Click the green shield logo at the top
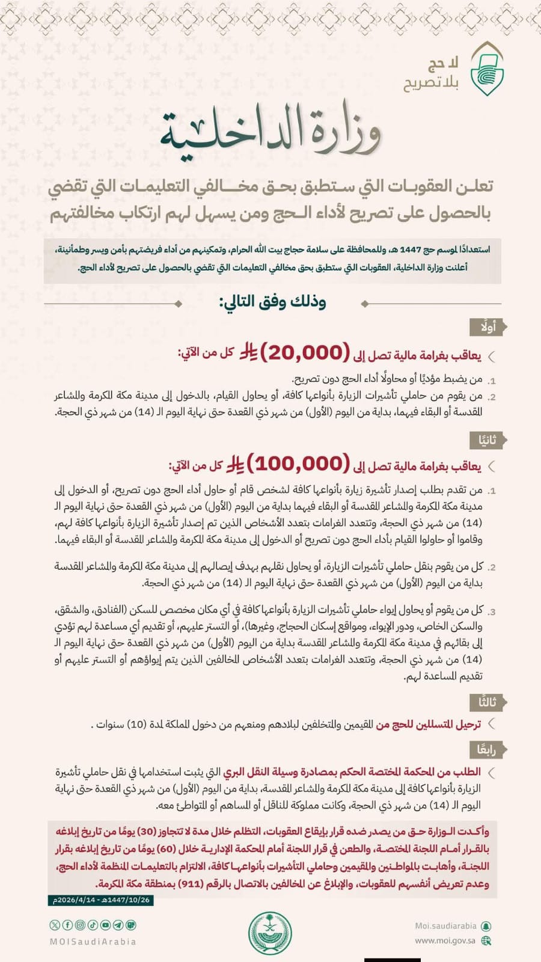click(x=486, y=70)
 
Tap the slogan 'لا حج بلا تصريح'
click(x=432, y=73)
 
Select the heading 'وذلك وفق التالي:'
click(x=272, y=301)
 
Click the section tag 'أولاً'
click(x=488, y=327)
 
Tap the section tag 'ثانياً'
click(x=488, y=440)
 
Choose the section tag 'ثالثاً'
click(x=488, y=702)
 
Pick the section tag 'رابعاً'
click(x=486, y=749)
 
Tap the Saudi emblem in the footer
click(x=270, y=933)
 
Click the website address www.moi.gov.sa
click(x=445, y=940)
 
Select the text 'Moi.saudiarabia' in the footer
click(x=445, y=926)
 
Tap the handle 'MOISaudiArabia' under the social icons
click(x=93, y=942)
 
